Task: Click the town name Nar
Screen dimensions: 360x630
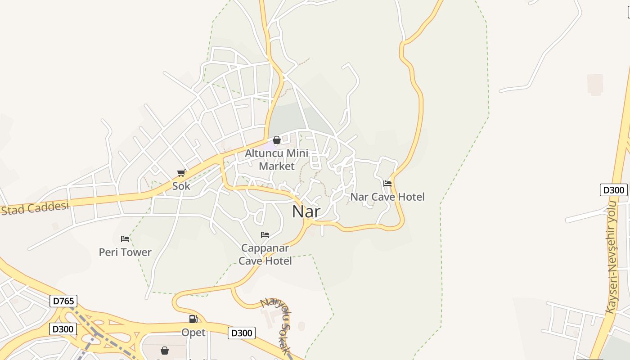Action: point(306,211)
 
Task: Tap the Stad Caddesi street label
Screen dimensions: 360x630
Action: point(35,208)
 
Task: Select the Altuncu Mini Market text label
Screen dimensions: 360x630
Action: point(276,159)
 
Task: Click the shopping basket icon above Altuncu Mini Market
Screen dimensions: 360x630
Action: point(277,140)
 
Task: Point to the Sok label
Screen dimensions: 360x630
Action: point(181,186)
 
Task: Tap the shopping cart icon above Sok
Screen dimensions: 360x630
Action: point(181,173)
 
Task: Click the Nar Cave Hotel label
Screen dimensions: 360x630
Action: point(387,197)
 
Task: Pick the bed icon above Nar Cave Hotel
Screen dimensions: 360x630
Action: point(387,183)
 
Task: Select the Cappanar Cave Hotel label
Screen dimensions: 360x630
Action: point(265,254)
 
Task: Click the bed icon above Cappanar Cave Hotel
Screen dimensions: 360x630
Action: point(265,235)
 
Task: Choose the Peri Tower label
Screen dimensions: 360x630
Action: point(125,252)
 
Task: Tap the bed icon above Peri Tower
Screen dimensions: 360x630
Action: point(125,238)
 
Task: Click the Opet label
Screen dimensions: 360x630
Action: point(193,333)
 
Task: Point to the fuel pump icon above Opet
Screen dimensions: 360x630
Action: point(193,319)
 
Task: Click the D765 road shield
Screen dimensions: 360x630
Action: point(63,301)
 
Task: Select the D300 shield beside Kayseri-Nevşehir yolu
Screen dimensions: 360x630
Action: point(614,190)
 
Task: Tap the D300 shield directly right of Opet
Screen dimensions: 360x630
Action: point(242,333)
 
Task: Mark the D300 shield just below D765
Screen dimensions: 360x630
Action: point(63,329)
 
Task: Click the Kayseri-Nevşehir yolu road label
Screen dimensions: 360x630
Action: point(613,257)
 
